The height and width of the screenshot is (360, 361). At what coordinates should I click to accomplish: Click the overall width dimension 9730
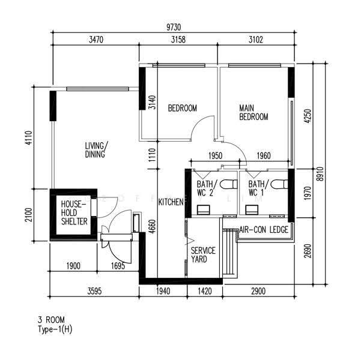click(x=174, y=28)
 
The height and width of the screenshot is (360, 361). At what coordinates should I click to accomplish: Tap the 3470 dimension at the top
click(x=96, y=40)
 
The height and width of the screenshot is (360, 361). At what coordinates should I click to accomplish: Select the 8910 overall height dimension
click(x=320, y=174)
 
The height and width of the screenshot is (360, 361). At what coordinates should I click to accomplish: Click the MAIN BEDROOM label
click(x=253, y=112)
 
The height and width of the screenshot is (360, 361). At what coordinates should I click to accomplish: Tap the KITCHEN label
click(x=171, y=202)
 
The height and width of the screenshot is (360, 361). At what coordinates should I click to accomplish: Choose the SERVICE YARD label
click(x=203, y=254)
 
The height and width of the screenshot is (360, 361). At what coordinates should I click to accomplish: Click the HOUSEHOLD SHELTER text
click(x=74, y=212)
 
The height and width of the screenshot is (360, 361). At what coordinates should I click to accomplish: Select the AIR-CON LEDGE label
click(x=264, y=229)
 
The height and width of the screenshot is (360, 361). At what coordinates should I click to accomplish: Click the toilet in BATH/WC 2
click(x=229, y=184)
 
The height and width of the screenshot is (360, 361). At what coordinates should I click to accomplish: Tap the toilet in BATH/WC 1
click(x=279, y=184)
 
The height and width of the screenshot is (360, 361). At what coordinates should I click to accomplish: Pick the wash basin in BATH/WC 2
click(x=203, y=209)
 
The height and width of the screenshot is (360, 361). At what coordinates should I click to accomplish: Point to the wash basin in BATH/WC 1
click(x=252, y=209)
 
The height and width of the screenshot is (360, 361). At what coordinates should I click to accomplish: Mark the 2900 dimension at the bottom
click(x=258, y=291)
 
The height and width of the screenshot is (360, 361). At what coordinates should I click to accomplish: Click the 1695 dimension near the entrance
click(x=118, y=266)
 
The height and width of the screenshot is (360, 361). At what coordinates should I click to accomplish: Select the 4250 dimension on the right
click(x=308, y=116)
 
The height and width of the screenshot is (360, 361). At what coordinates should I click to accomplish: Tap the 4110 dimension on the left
click(x=29, y=138)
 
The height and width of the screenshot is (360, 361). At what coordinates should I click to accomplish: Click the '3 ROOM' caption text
click(x=51, y=320)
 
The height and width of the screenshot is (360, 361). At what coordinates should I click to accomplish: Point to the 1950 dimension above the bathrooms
click(x=216, y=156)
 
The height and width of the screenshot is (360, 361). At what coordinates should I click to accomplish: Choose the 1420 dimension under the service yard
click(x=205, y=291)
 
